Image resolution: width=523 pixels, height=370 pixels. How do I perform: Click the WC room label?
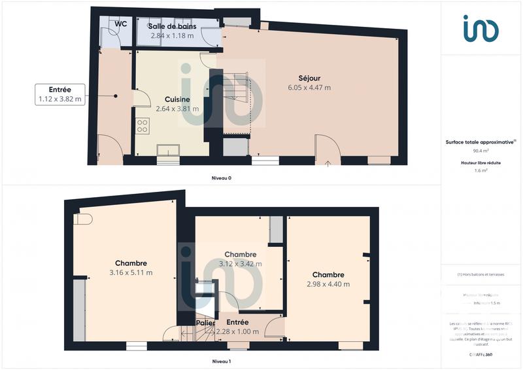coord(120,24)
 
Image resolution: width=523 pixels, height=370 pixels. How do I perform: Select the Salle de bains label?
coord(173,26)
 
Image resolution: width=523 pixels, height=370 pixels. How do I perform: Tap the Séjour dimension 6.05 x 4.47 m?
coord(309,87)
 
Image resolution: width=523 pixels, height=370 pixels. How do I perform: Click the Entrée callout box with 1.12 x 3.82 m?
coord(59,94)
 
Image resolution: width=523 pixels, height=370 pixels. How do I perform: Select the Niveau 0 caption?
coord(221,177)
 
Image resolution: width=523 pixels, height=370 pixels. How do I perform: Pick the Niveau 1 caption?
coord(221,361)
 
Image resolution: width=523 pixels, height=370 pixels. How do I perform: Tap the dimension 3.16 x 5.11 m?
coord(131,272)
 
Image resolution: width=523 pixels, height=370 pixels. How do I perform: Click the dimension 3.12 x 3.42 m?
coord(240,264)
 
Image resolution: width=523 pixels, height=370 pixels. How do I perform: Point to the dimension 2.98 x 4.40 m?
coord(328,284)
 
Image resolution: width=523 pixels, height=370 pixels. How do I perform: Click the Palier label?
coord(205,323)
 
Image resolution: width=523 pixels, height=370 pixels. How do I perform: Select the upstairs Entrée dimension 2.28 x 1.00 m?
coord(237,331)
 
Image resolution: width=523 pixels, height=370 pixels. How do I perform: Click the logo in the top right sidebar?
coord(481,28)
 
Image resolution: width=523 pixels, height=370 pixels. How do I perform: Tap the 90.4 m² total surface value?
coord(481,150)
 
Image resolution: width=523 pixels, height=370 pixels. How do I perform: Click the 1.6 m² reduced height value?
coord(481,170)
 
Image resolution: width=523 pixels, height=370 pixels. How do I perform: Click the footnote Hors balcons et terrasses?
coord(481,274)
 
